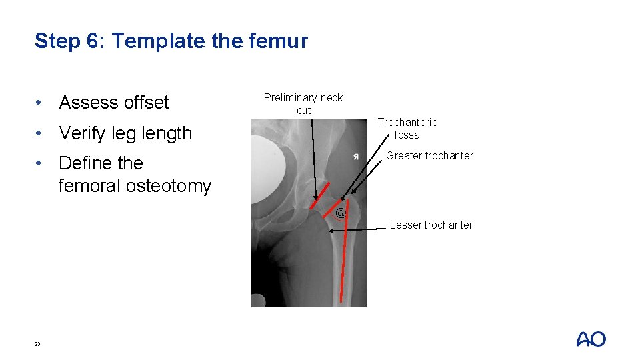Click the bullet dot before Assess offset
(41, 103)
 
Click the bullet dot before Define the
(41, 163)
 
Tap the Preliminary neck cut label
(303, 103)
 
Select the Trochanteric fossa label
(407, 128)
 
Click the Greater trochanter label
(430, 156)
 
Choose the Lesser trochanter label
(431, 225)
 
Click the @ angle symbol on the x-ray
(341, 213)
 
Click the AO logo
(591, 339)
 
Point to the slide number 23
(37, 344)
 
